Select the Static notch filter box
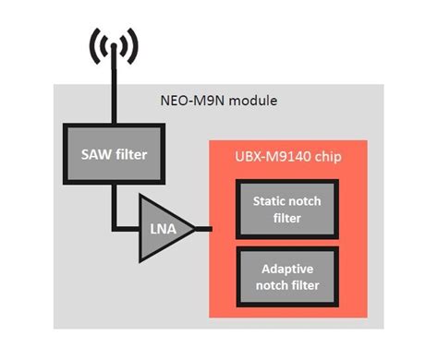coord(279,208)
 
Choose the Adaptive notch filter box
coord(279,275)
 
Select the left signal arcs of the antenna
coord(95,43)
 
